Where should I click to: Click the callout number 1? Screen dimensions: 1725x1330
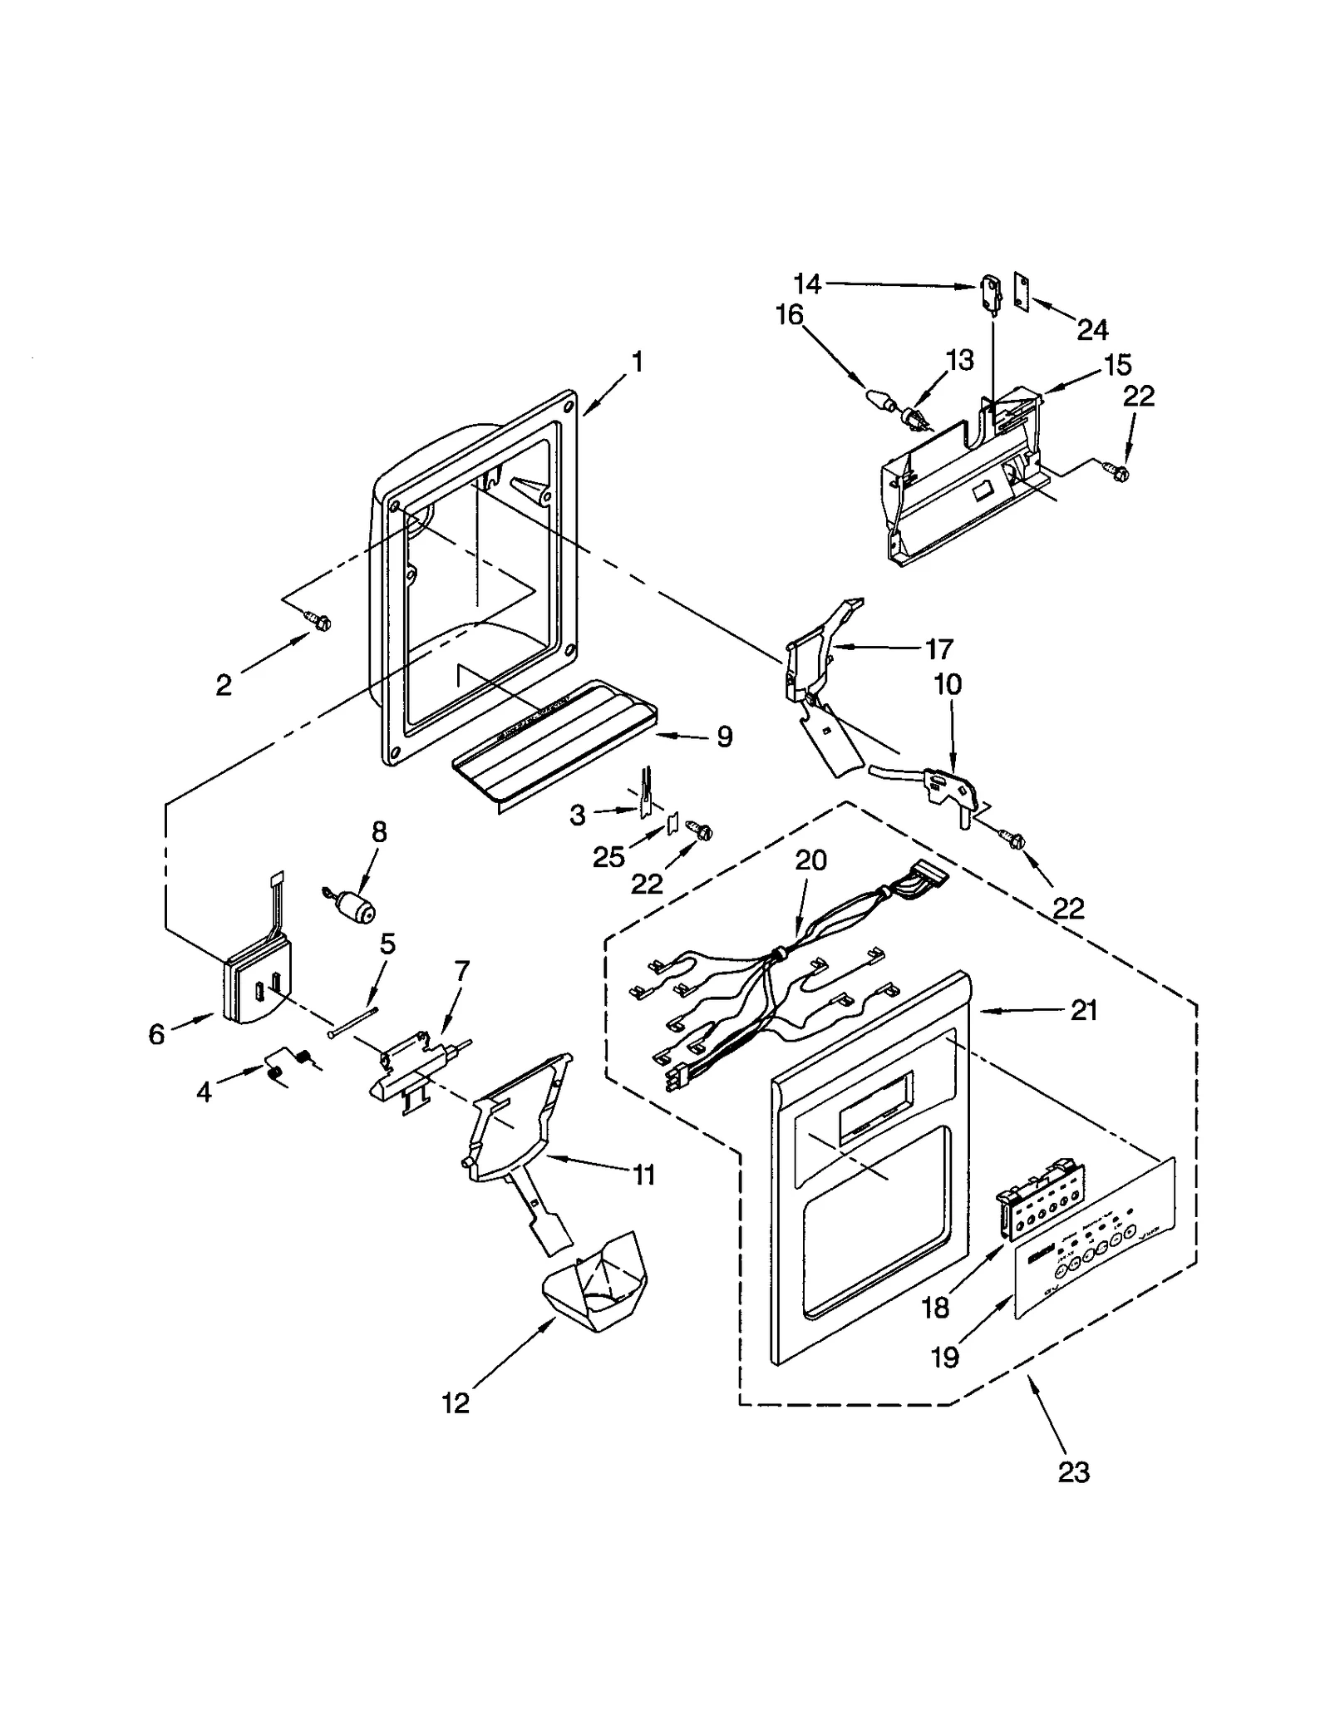[x=637, y=362]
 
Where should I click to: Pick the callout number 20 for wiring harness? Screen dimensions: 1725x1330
[x=810, y=860]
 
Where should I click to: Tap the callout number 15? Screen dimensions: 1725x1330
[x=1118, y=364]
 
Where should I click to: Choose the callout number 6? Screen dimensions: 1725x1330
[x=156, y=1033]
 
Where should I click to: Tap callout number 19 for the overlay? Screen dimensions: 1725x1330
[x=946, y=1357]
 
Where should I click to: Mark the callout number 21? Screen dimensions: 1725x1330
[x=1084, y=1011]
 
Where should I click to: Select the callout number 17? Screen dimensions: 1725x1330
[x=939, y=648]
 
